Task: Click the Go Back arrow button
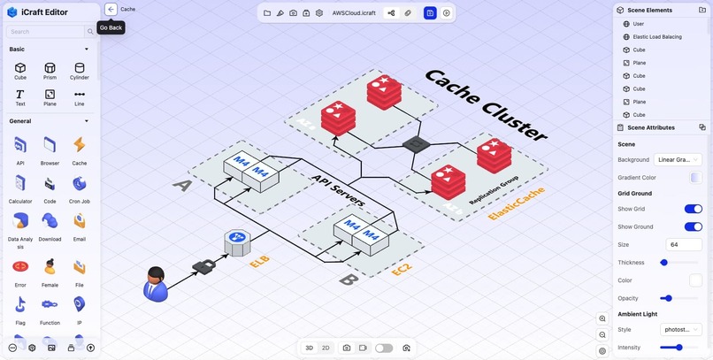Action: click(x=111, y=9)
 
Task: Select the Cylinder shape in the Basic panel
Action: click(x=79, y=68)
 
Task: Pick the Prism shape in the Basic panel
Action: click(x=50, y=68)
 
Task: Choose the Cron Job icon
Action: click(x=79, y=183)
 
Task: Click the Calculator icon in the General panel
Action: click(x=20, y=183)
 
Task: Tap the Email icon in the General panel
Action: click(x=79, y=221)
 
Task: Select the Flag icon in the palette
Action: click(x=20, y=304)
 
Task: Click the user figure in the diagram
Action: click(x=156, y=284)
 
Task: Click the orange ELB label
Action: click(x=259, y=262)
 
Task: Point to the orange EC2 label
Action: click(x=402, y=268)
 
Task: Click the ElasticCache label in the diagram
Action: click(x=517, y=203)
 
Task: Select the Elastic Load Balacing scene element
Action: click(x=657, y=37)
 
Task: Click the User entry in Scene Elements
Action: click(x=639, y=24)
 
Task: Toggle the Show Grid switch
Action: click(x=693, y=209)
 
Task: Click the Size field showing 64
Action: click(x=685, y=244)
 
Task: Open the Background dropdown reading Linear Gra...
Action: click(x=678, y=160)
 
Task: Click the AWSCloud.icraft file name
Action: click(x=353, y=13)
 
